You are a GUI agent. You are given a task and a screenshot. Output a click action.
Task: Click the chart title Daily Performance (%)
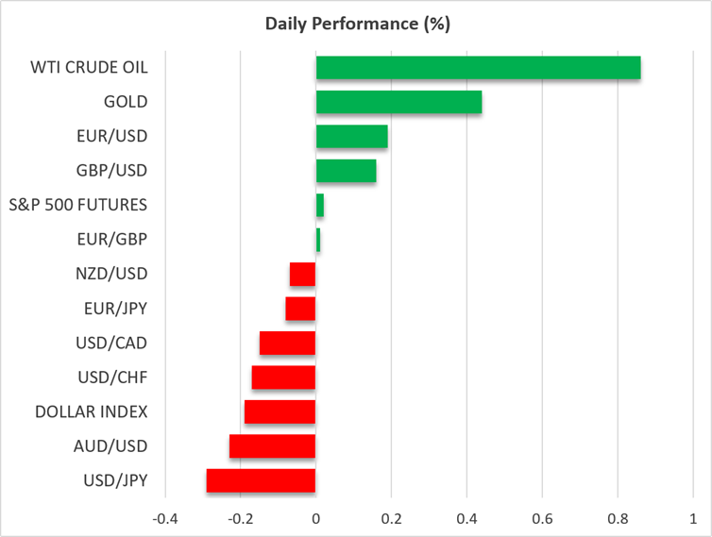click(x=357, y=24)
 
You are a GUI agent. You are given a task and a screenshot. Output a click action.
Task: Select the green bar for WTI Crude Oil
click(x=478, y=68)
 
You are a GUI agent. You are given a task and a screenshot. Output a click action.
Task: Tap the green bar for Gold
click(x=398, y=102)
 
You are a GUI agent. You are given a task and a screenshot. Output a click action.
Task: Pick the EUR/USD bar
click(x=352, y=136)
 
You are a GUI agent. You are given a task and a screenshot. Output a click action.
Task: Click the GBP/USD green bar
click(x=346, y=171)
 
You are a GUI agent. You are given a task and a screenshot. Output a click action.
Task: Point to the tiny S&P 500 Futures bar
click(x=320, y=205)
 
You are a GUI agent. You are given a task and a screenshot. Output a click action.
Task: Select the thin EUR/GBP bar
click(x=318, y=240)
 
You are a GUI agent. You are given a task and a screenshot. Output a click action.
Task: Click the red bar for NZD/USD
click(x=302, y=275)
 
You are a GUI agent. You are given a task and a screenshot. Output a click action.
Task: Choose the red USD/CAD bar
click(x=287, y=344)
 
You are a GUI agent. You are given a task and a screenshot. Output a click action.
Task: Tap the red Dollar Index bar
click(x=280, y=411)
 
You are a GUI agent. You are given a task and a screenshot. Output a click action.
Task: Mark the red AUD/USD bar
click(x=273, y=446)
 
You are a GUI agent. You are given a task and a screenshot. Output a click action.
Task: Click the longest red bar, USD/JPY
click(x=261, y=480)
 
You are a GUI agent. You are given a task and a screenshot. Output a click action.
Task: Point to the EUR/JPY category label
click(x=116, y=309)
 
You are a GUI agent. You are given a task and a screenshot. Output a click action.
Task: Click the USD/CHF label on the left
click(x=112, y=378)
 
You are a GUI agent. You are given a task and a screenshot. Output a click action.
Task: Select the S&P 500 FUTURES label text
click(x=78, y=205)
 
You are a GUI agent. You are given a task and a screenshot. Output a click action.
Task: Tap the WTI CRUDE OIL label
click(x=89, y=67)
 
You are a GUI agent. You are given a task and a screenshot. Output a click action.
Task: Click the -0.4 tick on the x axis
click(x=165, y=519)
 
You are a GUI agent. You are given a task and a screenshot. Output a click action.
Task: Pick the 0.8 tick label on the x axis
click(x=618, y=519)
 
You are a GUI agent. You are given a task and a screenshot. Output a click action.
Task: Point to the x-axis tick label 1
click(x=693, y=519)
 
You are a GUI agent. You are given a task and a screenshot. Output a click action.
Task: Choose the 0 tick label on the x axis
click(x=316, y=519)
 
